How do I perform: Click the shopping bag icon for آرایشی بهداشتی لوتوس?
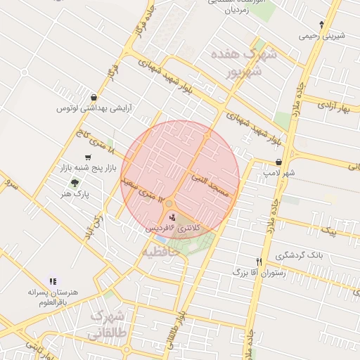[94, 98]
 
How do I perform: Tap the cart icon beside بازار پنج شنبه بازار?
[88, 157]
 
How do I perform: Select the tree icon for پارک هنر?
[75, 182]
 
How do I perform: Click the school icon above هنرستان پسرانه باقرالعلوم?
[52, 281]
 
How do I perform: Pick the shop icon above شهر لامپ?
[279, 162]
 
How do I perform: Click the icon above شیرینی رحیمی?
[321, 25]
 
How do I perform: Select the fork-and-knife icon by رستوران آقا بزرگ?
[259, 261]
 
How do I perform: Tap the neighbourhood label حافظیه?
[163, 251]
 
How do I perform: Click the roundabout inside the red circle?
[169, 203]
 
